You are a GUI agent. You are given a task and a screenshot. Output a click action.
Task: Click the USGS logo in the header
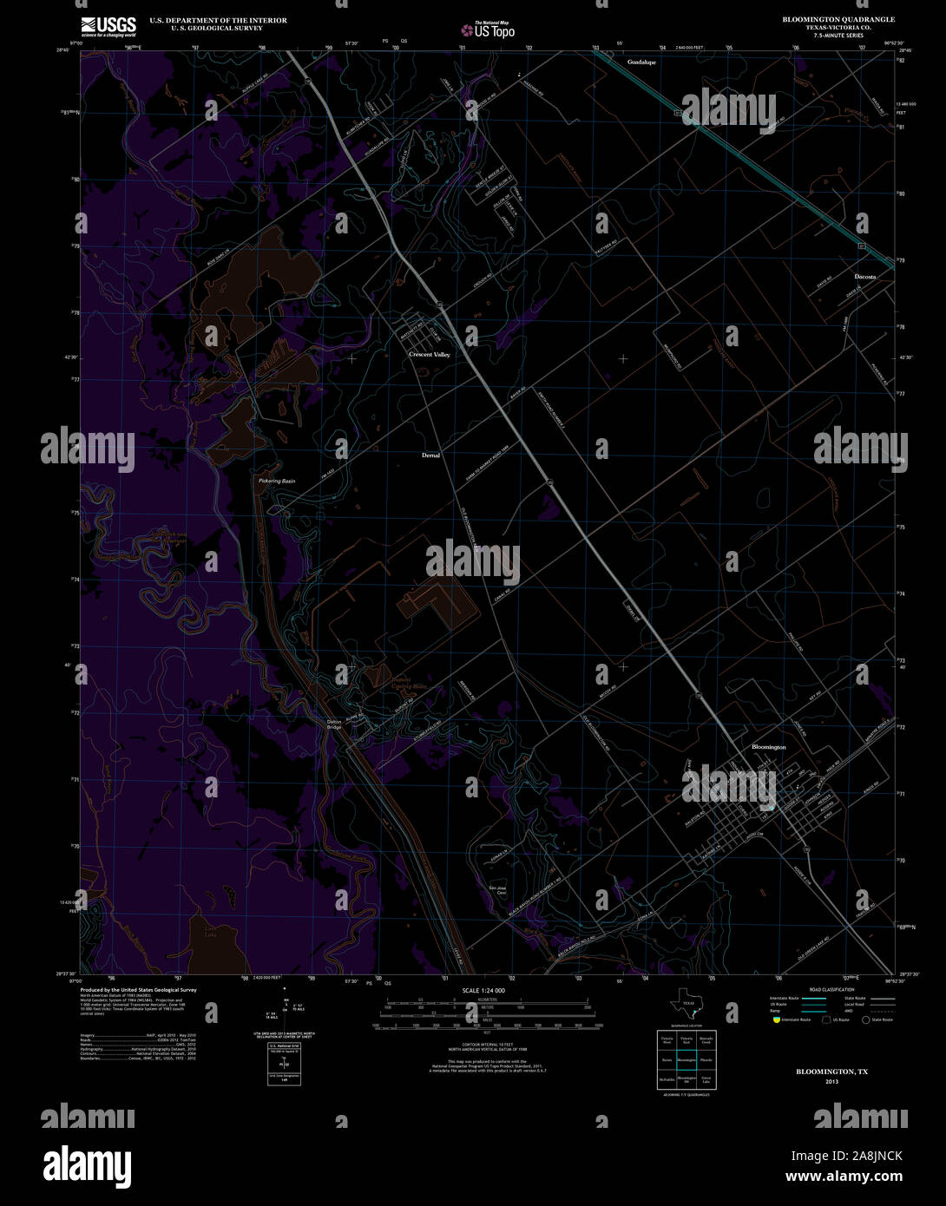[x=108, y=27]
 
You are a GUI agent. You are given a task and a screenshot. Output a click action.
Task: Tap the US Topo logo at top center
[x=488, y=29]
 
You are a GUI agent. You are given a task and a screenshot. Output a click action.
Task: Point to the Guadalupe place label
[x=642, y=62]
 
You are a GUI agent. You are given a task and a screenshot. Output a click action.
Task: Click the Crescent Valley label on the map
[x=430, y=355]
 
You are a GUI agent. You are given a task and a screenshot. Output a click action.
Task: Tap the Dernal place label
[x=430, y=455]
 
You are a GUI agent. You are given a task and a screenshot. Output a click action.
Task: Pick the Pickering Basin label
[x=277, y=481]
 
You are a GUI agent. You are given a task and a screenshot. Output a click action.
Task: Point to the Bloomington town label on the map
[x=768, y=746]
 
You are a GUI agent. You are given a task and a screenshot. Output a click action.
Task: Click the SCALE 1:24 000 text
[x=483, y=990]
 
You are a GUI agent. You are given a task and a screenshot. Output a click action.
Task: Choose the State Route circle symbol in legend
[x=865, y=1020]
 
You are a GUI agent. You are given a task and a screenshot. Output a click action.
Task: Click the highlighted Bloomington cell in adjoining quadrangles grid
[x=687, y=1059]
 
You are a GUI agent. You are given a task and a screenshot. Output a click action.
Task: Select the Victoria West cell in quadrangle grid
[x=667, y=1039]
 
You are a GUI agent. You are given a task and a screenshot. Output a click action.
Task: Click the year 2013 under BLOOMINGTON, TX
[x=831, y=1082]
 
